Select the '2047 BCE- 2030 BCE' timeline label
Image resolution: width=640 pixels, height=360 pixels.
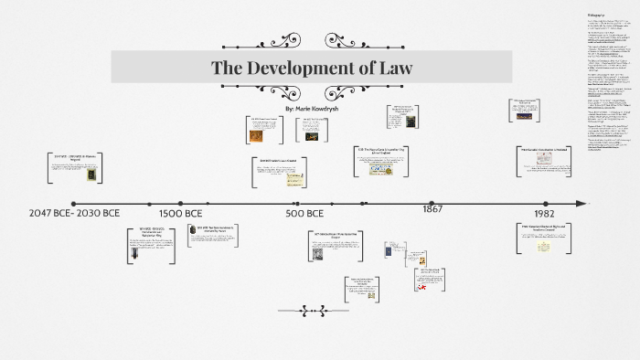(x=74, y=214)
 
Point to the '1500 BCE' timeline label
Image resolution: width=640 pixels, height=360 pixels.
(x=181, y=214)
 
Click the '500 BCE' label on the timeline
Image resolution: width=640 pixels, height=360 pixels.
(x=304, y=214)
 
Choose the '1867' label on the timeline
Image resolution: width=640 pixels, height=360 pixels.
(x=432, y=209)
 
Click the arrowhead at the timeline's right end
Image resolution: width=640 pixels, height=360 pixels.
(x=579, y=203)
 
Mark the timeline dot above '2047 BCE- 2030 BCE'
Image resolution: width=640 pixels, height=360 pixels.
(x=73, y=204)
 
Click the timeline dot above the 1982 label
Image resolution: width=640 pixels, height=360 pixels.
(x=546, y=203)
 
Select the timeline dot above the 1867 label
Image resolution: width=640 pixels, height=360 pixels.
(x=432, y=203)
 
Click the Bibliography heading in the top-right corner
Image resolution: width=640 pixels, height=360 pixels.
(x=595, y=16)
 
